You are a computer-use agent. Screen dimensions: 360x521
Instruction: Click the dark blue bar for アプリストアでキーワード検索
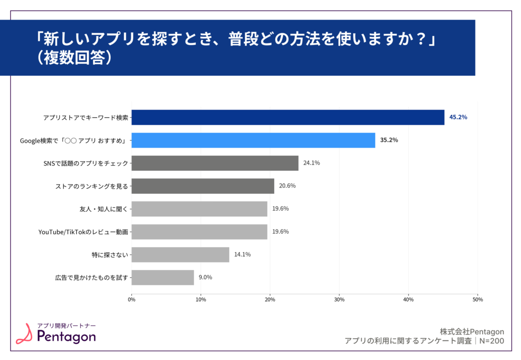tap(288, 117)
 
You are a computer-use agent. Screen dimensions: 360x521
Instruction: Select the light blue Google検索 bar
tap(253, 140)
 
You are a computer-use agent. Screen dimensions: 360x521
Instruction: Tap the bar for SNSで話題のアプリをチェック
tap(215, 163)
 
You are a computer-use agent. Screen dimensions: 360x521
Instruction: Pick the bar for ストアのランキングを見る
tap(203, 186)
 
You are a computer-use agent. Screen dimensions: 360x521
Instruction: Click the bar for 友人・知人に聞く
tap(199, 209)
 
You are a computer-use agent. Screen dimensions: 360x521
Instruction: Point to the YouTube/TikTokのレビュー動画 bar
tap(199, 232)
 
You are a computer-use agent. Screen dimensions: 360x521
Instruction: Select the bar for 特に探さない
tap(180, 254)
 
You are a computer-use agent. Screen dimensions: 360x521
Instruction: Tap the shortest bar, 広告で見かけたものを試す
tap(163, 277)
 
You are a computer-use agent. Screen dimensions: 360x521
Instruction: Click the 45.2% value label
tap(458, 117)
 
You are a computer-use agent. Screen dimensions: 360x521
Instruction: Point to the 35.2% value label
tap(389, 140)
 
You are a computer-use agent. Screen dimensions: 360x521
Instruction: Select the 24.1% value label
tap(311, 163)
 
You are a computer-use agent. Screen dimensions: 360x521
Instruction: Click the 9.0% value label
tap(205, 277)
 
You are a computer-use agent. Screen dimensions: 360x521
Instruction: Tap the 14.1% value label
tap(242, 254)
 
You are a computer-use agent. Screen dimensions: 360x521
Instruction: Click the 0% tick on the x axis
tap(132, 300)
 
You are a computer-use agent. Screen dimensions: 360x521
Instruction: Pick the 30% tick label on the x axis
tap(339, 300)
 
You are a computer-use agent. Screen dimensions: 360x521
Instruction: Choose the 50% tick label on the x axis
tap(477, 300)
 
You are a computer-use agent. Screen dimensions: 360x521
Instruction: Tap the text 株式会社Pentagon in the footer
tap(472, 332)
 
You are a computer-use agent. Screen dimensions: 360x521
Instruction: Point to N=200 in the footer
tap(492, 341)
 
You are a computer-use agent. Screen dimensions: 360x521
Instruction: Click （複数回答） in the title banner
tap(74, 57)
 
